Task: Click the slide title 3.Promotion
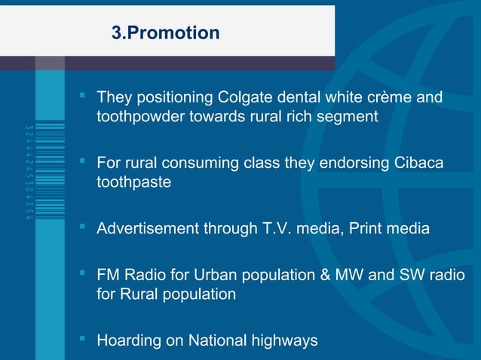(x=165, y=33)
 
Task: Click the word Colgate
(x=243, y=99)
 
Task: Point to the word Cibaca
(x=416, y=163)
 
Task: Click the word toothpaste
(x=133, y=182)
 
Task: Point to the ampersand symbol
(x=325, y=275)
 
